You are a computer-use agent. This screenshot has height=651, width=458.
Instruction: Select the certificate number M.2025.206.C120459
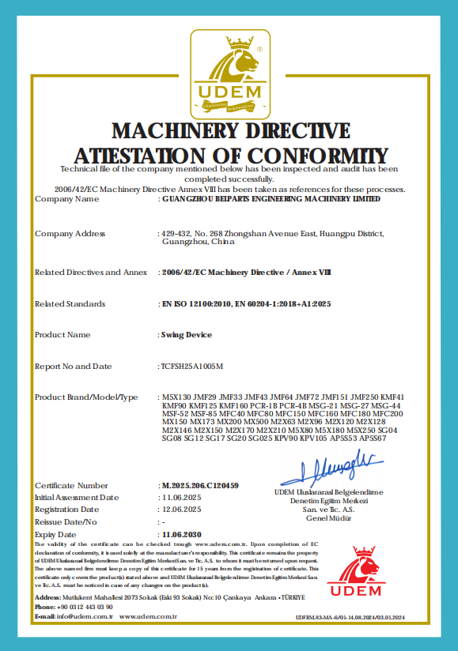199,485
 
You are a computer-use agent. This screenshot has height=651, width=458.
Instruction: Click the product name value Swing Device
187,335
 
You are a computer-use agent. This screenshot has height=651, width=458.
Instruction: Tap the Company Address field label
70,234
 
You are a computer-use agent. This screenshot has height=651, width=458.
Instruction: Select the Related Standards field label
70,304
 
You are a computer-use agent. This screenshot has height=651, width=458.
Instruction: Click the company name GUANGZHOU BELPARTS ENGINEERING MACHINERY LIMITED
270,199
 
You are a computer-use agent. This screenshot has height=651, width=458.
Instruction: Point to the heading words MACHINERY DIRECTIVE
230,130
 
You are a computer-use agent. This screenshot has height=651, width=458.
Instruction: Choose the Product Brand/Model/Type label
87,397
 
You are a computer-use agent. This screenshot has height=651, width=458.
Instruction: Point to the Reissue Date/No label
66,522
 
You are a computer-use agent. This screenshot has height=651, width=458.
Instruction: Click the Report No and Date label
74,367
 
